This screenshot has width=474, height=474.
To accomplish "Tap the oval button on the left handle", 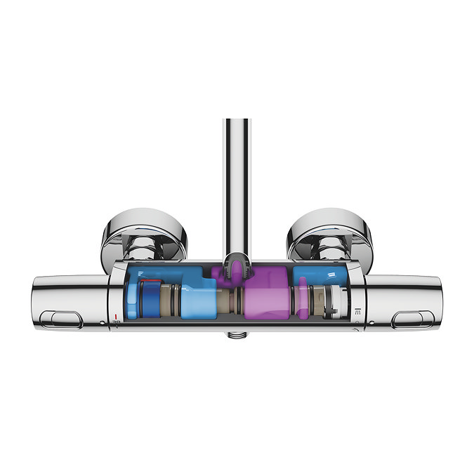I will [x=62, y=320].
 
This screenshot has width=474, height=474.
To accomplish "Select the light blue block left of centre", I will [x=199, y=298].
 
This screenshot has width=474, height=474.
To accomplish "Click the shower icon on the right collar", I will [x=357, y=310].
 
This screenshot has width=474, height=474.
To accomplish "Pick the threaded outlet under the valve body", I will [x=237, y=335].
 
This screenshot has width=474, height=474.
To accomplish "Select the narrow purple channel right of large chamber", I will [x=303, y=295].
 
